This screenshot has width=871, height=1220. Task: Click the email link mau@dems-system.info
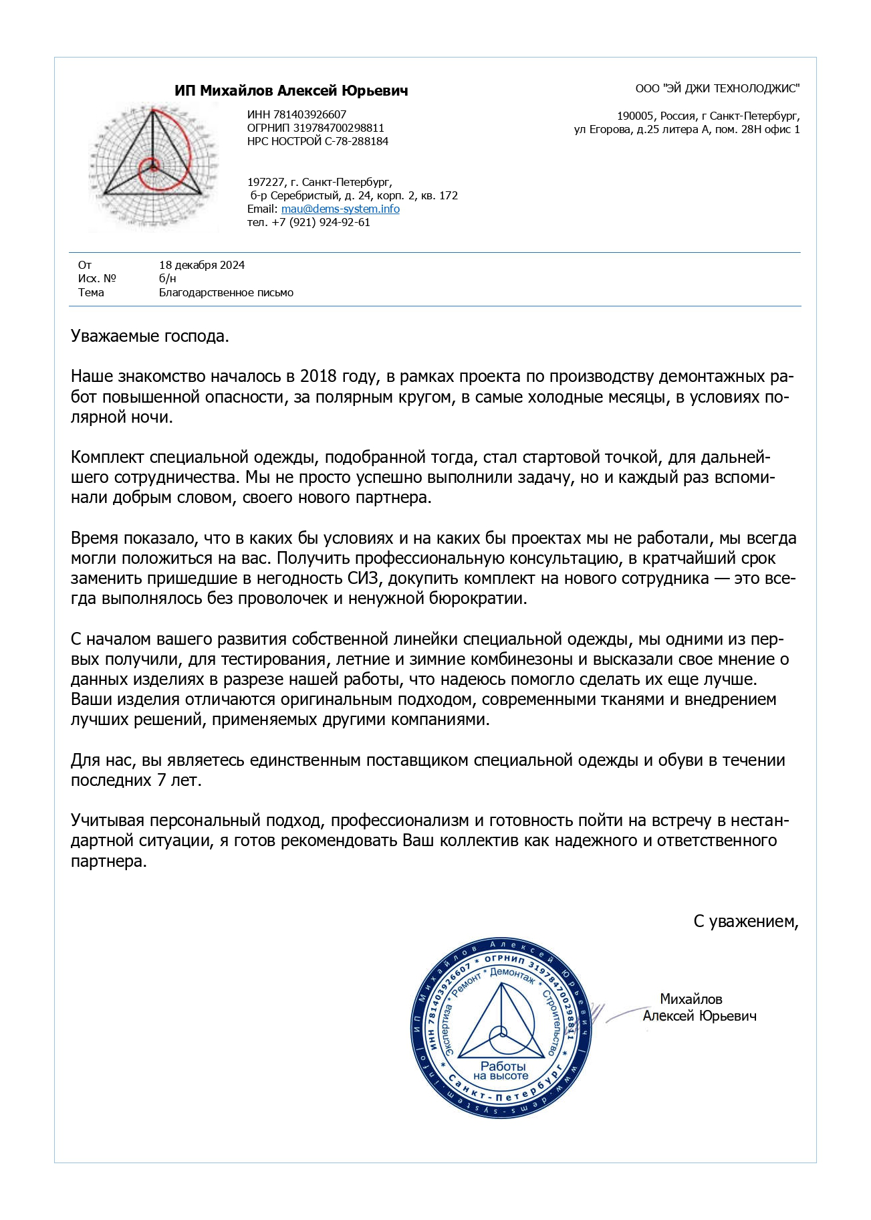click(340, 209)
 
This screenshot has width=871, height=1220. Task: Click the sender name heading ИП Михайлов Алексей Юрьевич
click(291, 91)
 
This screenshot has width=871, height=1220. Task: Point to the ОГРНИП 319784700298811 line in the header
click(316, 128)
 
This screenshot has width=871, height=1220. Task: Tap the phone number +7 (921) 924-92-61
click(321, 222)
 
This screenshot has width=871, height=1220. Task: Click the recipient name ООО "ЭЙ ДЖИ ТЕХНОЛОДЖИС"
click(717, 88)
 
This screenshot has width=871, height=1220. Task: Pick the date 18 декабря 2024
click(202, 265)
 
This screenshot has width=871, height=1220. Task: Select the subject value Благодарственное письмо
click(226, 292)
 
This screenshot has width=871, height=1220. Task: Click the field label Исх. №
click(97, 278)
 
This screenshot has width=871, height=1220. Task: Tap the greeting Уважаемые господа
click(150, 336)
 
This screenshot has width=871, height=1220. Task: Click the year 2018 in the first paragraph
click(319, 377)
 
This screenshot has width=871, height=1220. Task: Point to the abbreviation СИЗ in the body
click(364, 579)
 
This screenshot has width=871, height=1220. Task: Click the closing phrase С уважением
click(745, 921)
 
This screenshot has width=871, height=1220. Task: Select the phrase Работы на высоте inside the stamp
click(502, 1070)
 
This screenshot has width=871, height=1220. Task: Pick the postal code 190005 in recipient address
click(635, 116)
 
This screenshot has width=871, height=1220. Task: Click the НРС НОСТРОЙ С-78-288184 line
click(318, 141)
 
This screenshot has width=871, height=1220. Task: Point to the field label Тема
click(91, 292)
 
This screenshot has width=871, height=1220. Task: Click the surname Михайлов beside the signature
click(691, 999)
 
